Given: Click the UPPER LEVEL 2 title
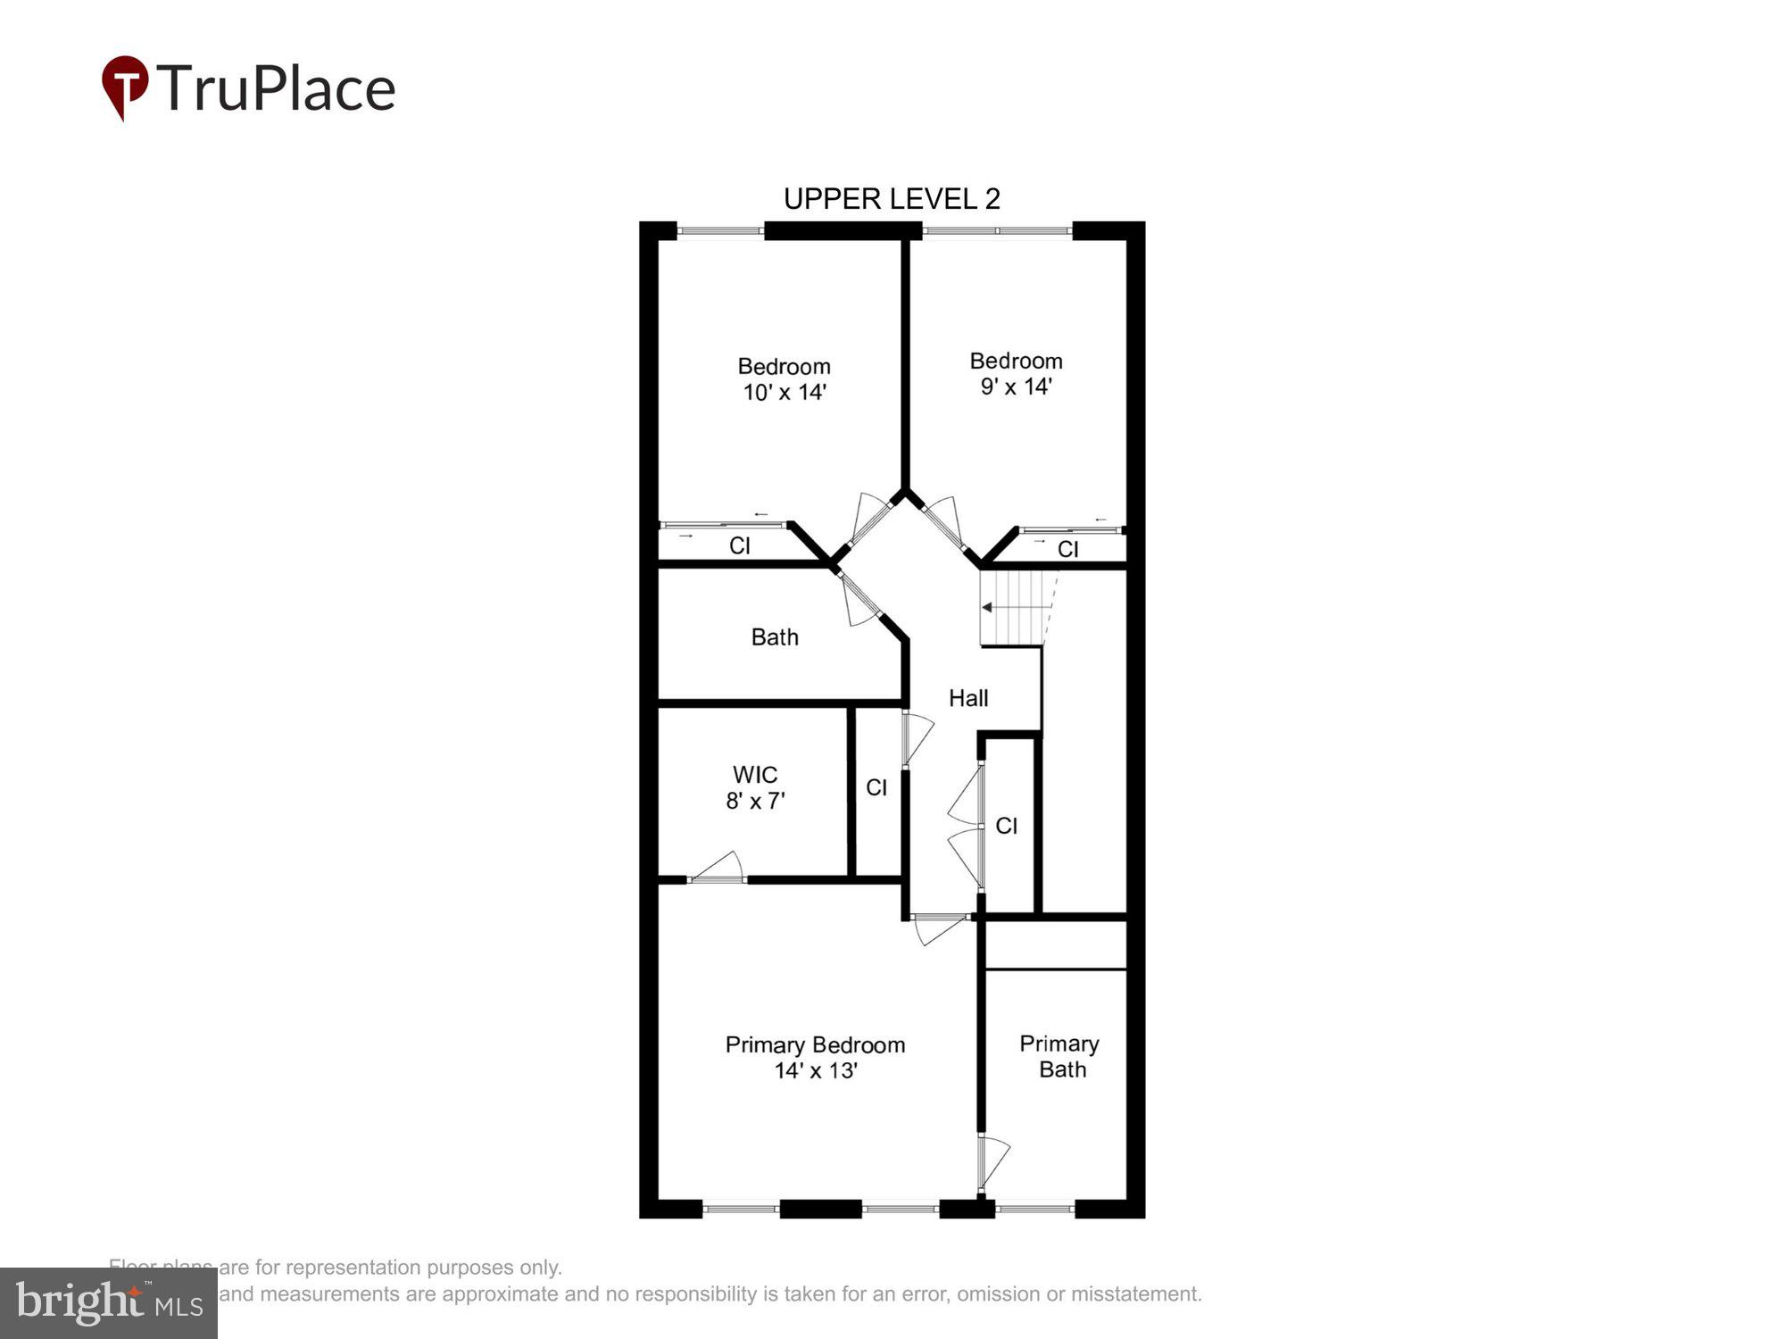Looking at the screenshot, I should [x=891, y=198].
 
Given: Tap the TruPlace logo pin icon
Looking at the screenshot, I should [x=125, y=86].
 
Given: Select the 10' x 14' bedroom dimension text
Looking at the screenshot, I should [x=785, y=392].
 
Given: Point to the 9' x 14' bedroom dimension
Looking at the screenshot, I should [x=1016, y=387].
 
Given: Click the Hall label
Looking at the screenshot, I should [x=968, y=698].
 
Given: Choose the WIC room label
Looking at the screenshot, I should [x=755, y=774].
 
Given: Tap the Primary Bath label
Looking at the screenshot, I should [x=1059, y=1056].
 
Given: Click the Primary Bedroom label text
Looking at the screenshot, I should [x=815, y=1044].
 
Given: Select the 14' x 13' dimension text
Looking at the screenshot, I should [x=816, y=1070].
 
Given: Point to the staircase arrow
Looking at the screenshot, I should [x=987, y=607].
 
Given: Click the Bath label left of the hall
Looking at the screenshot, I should [x=775, y=636].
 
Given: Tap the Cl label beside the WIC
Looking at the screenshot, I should [x=876, y=787].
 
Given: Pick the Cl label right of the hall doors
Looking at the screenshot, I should [x=1006, y=826].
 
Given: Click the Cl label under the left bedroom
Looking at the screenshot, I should [x=740, y=545].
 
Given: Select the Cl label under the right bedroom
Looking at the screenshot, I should [x=1067, y=549].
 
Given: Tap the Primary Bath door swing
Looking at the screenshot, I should [x=992, y=1160].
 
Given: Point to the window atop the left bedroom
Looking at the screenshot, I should [x=720, y=231].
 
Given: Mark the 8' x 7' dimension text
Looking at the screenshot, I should [x=755, y=801].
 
